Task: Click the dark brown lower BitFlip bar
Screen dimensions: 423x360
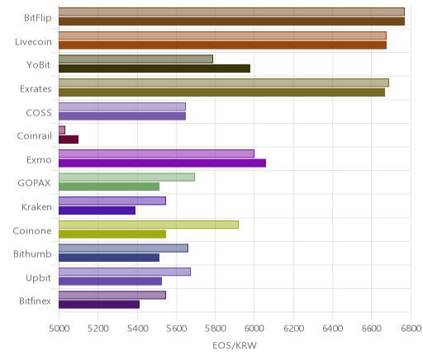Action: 231,21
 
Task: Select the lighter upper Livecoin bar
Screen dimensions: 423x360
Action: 222,36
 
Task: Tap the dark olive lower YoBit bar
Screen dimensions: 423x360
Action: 154,69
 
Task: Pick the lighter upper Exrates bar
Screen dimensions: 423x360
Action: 224,83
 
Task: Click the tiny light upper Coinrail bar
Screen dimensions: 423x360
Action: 62,130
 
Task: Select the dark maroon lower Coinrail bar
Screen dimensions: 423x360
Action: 69,140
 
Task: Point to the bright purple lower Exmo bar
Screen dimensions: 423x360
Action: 162,163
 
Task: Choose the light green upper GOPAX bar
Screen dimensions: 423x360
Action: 126,178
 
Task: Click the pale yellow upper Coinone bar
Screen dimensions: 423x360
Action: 149,225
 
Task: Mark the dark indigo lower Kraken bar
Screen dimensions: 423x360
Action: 97,211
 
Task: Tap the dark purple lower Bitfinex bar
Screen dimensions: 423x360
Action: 99,305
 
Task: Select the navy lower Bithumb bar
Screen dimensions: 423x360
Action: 109,258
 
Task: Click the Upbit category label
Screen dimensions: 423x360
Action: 38,278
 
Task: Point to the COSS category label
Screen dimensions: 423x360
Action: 39,113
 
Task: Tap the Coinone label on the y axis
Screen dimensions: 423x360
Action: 32,230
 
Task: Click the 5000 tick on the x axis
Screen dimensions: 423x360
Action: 59,329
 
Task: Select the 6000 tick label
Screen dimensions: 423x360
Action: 254,329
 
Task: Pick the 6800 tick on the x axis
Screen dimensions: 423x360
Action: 411,329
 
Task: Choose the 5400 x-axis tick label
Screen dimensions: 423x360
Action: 137,329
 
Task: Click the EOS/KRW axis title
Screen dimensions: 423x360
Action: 235,345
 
